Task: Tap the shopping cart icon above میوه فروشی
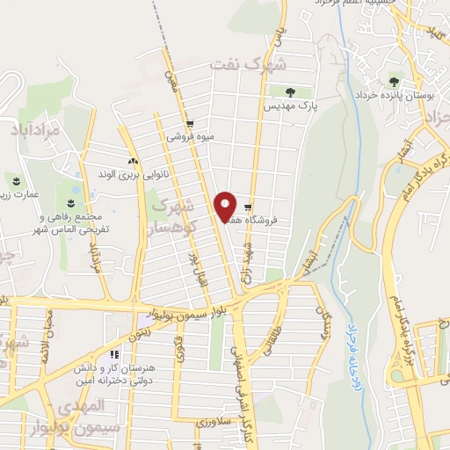190,124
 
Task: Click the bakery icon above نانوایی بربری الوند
133,161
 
